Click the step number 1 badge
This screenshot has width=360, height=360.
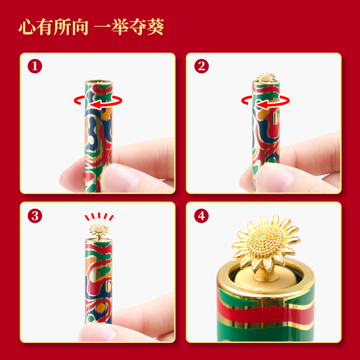coord(35,66)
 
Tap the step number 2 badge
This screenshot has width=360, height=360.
coord(201,66)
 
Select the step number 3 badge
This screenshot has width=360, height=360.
coord(35,216)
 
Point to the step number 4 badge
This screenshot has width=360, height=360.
coord(201,216)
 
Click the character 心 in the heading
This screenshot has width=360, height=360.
coord(27,27)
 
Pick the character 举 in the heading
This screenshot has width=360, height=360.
coord(120,27)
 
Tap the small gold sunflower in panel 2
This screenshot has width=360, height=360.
coord(266,77)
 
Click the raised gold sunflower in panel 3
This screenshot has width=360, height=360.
coord(99,229)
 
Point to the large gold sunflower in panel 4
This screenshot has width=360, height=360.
coord(266,243)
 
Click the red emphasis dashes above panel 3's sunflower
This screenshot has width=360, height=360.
coord(99,216)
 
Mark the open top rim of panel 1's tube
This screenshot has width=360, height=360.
coord(99,82)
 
